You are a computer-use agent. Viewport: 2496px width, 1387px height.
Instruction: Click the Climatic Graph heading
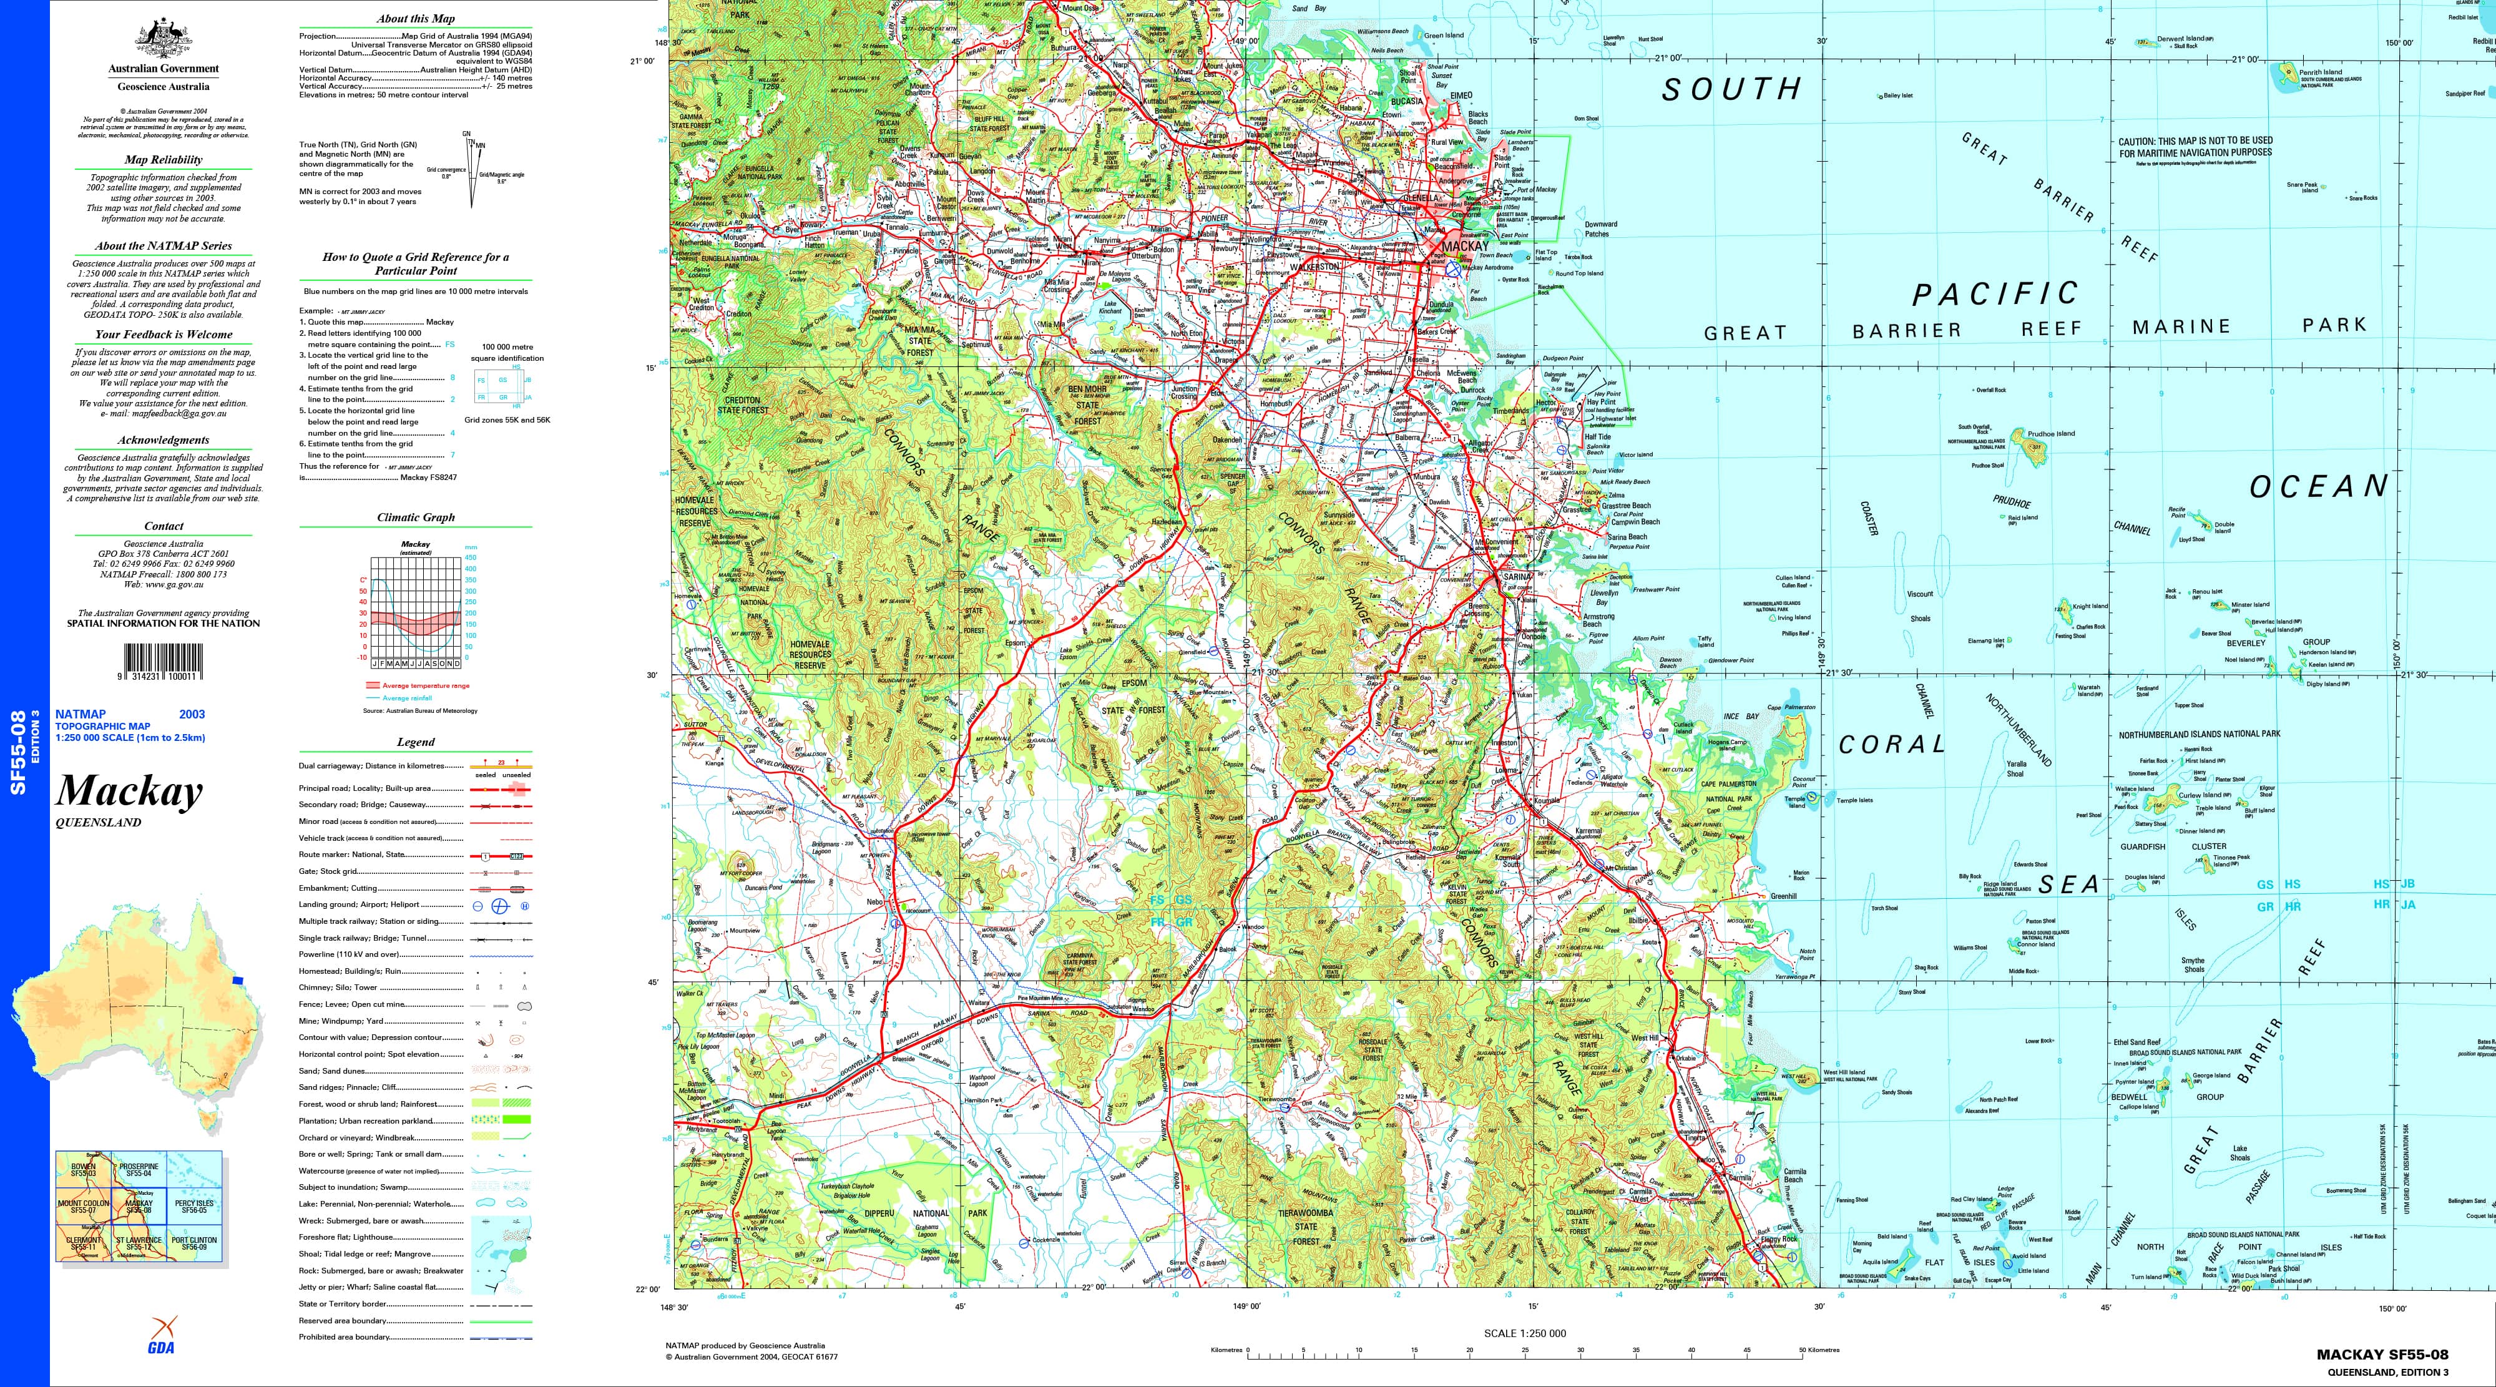click(416, 517)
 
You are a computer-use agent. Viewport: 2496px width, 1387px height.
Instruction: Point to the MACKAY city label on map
click(1464, 246)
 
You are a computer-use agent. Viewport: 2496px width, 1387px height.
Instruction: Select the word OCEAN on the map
click(2319, 486)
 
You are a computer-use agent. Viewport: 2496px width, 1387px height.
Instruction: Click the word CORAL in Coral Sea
click(1891, 745)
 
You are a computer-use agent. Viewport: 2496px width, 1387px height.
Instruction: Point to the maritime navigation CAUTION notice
click(2195, 147)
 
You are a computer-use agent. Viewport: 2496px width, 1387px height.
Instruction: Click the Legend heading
click(416, 742)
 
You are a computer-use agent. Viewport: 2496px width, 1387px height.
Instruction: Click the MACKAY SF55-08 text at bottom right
click(2382, 1355)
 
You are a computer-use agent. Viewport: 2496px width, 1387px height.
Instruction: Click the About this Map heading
click(416, 19)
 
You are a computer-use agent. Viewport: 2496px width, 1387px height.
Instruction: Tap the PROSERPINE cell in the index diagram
click(139, 1170)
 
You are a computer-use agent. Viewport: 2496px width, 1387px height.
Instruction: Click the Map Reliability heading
click(163, 160)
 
